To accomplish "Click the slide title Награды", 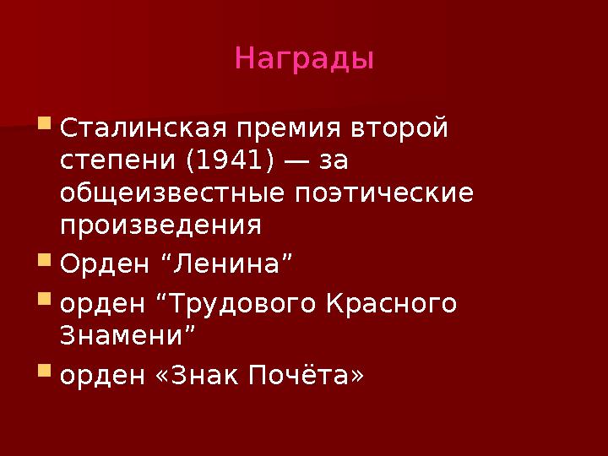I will pos(304,59).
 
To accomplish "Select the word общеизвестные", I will pos(174,193).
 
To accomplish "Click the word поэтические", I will pos(383,193).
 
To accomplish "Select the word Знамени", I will pos(128,335).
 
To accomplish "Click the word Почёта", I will pos(304,374).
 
